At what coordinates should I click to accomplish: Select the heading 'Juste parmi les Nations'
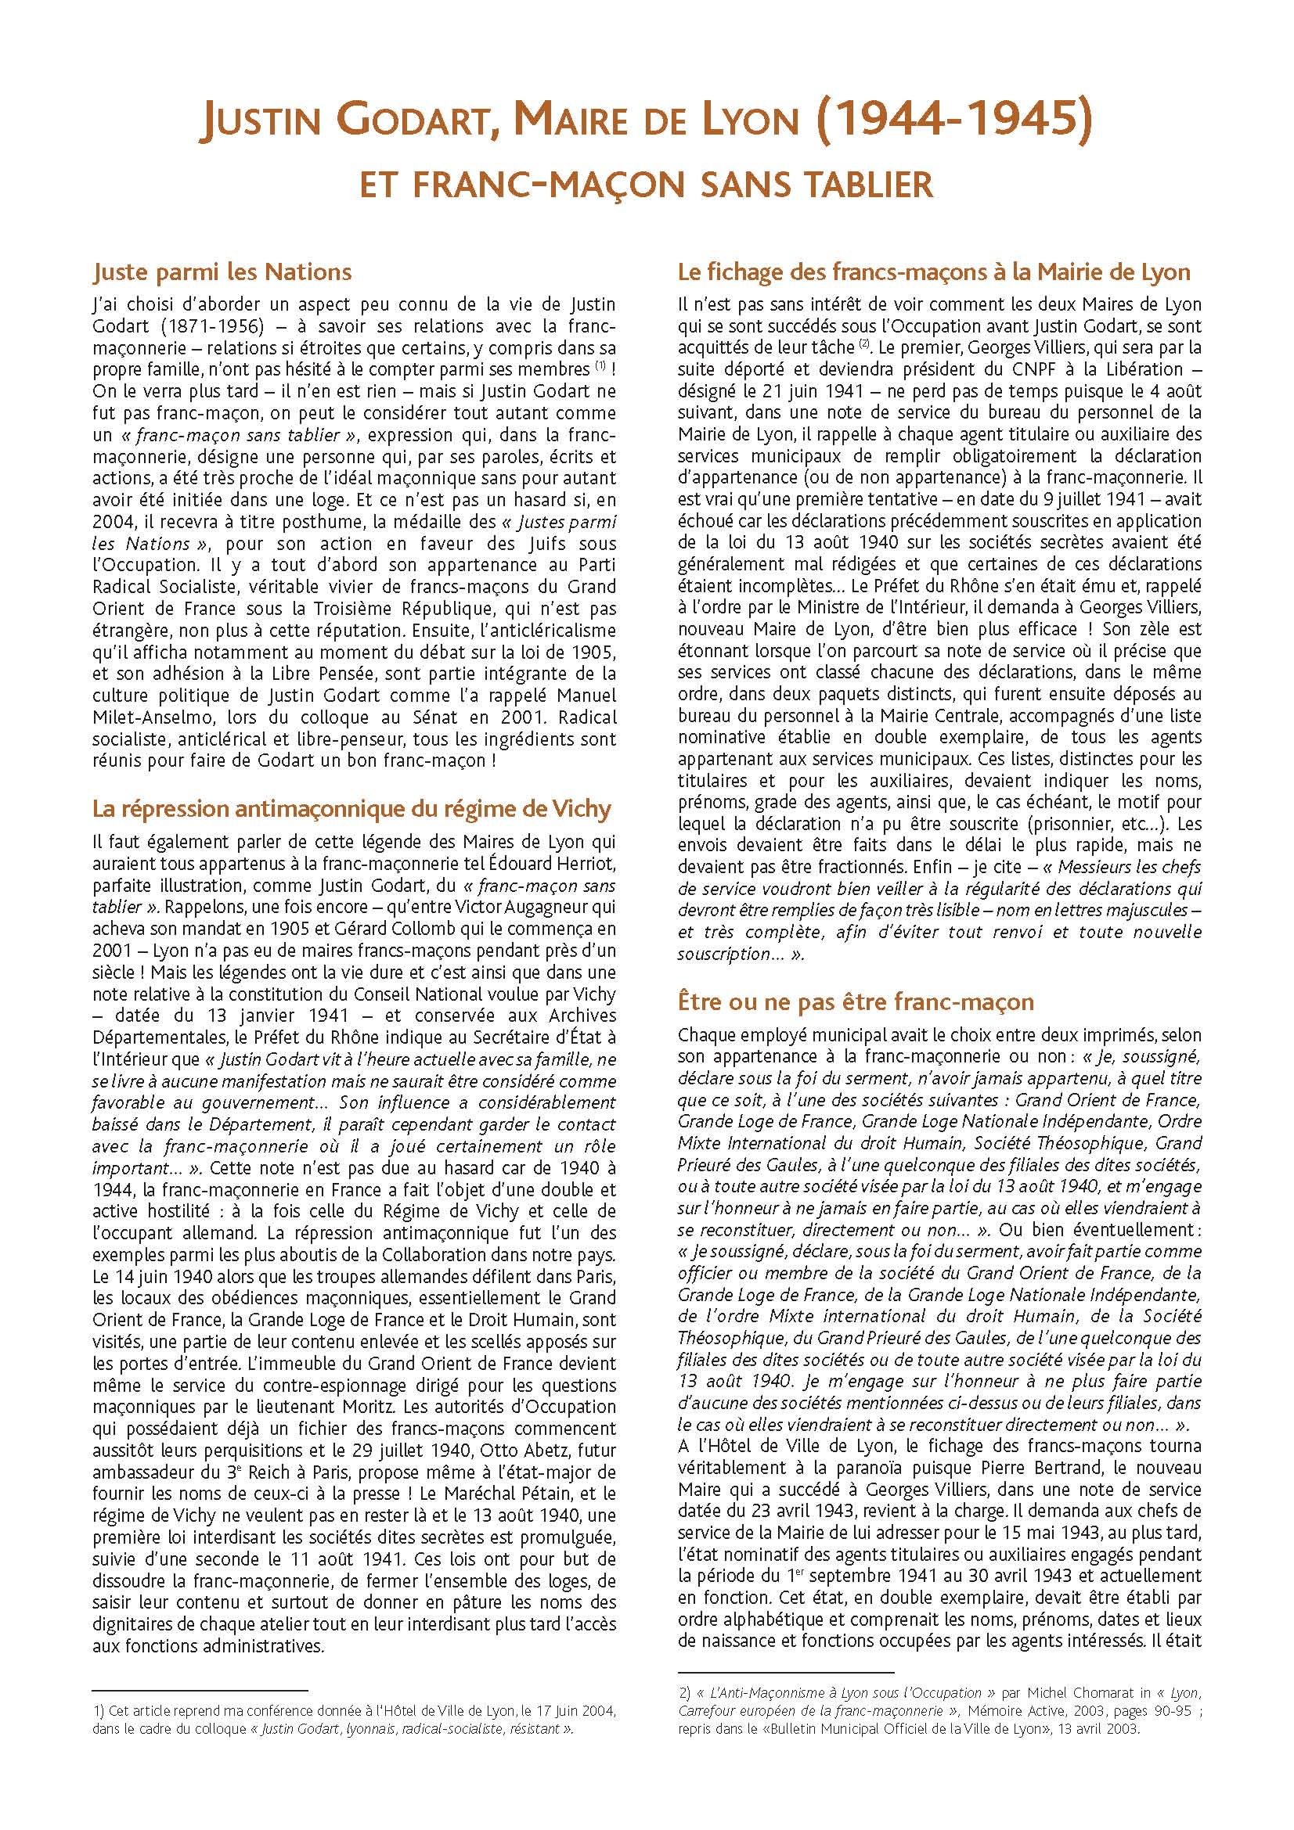coord(222,272)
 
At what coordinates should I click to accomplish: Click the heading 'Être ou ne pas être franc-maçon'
coord(856,1002)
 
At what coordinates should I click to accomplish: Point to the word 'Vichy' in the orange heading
coord(581,809)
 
